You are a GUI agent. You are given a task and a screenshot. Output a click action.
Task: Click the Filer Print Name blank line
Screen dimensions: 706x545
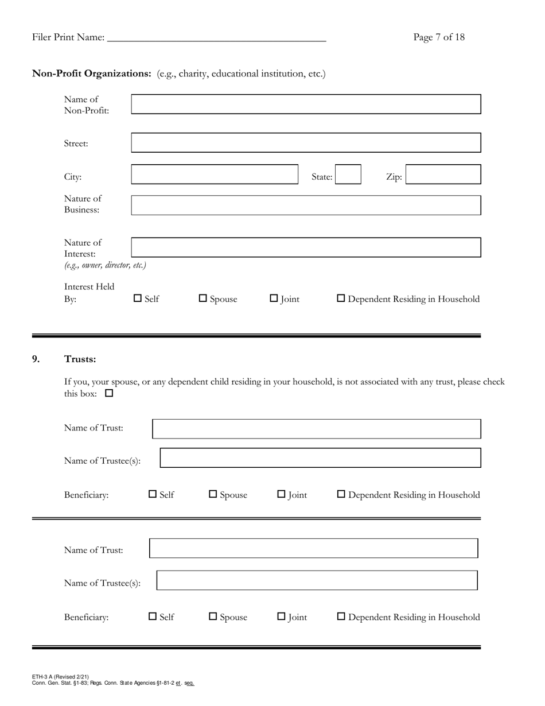pos(217,38)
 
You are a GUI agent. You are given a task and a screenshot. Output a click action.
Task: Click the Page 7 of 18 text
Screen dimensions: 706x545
pos(439,37)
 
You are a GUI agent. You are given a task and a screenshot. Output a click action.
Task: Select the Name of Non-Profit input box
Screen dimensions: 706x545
pos(306,104)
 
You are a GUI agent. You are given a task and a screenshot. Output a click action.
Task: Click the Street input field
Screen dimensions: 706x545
pos(306,143)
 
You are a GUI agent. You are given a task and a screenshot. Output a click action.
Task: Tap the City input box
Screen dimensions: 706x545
pos(215,174)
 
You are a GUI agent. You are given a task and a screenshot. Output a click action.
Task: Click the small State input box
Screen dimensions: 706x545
pos(348,174)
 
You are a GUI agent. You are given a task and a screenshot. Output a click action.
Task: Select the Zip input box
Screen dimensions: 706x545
pos(443,174)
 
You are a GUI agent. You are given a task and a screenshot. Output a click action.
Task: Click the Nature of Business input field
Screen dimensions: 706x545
pos(306,205)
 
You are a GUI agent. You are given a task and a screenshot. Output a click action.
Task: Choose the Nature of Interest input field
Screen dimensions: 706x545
pos(306,247)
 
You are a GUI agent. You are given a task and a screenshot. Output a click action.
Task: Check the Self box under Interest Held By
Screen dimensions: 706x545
pos(138,298)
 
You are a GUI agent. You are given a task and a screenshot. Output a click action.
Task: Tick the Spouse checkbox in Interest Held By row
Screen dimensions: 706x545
pos(203,298)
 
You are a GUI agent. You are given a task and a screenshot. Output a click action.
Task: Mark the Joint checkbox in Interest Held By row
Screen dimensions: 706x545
pos(274,298)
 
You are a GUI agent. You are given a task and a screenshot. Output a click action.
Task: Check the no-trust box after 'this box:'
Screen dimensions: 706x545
pos(109,394)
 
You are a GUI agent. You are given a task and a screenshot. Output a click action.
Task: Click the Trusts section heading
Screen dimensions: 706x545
pos(80,359)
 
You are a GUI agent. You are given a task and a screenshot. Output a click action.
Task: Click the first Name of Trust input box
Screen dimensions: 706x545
pos(316,429)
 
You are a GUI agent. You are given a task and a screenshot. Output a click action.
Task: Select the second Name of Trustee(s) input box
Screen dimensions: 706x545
pos(317,580)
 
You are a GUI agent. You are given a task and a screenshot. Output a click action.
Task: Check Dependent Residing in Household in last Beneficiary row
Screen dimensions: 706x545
pos(341,616)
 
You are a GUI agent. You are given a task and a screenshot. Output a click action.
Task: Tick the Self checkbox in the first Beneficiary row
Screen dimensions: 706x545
pos(153,494)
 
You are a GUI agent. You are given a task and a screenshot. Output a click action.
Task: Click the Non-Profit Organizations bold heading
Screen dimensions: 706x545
pos(92,73)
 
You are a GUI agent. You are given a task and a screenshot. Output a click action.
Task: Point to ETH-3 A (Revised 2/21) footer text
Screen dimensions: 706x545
pos(61,677)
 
